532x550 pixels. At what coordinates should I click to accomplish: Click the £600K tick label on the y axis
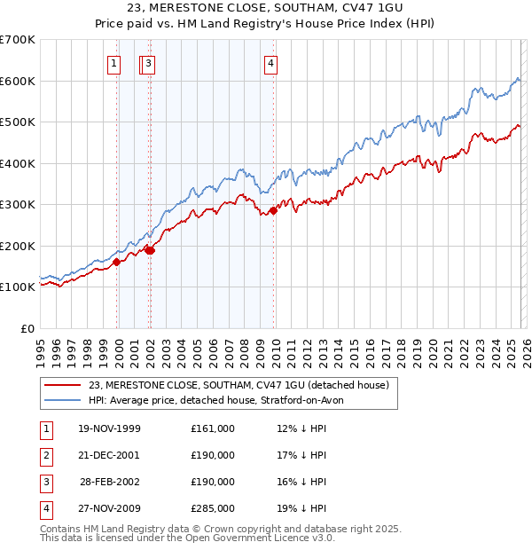coord(18,81)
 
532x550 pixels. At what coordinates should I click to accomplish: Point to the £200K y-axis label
coord(18,246)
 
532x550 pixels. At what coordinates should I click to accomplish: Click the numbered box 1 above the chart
coord(114,63)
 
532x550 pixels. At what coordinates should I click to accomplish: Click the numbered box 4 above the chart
coord(270,63)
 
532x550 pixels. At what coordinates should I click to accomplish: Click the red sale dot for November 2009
coord(274,210)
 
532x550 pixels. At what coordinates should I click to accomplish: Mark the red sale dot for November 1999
coord(117,262)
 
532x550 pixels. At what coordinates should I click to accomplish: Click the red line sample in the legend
coord(63,385)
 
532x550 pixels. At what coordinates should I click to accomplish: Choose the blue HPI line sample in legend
coord(63,400)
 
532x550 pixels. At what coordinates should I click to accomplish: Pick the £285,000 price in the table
coord(212,508)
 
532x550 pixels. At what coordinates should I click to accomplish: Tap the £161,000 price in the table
coord(212,428)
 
